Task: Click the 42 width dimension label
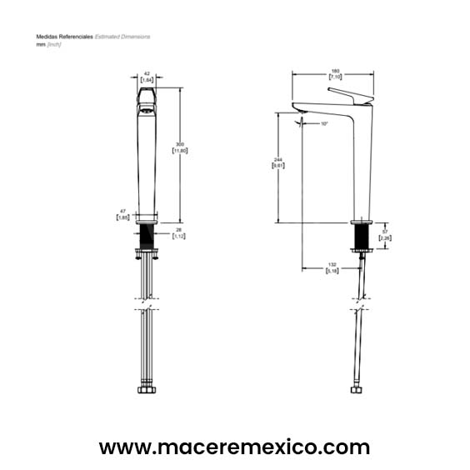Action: pos(146,77)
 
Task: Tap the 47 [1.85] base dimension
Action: pos(122,215)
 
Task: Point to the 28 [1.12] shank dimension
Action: pos(178,233)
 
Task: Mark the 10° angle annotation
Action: pos(324,124)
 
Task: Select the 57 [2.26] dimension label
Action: pos(384,236)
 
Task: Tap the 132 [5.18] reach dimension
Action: pos(331,267)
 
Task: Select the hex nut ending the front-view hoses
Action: pos(147,392)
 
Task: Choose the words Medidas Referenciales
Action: pos(64,37)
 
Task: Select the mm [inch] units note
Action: pos(48,44)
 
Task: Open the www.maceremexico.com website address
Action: pos(234,447)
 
